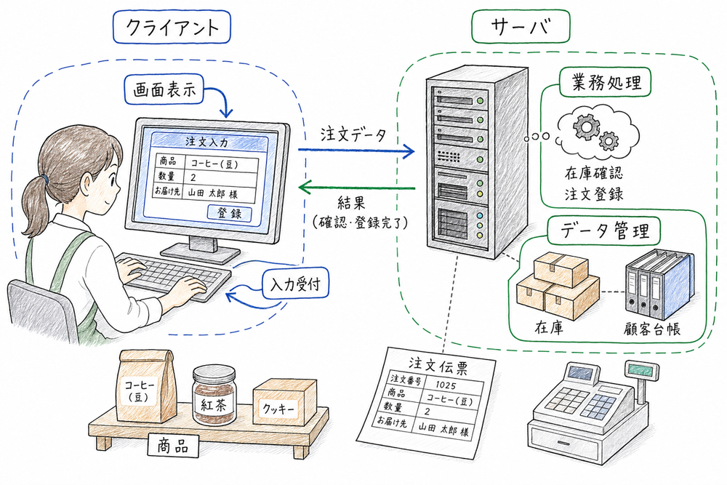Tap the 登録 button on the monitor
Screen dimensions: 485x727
(x=230, y=213)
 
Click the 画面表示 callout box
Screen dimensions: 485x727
(x=164, y=91)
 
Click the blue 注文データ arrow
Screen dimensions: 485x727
(x=356, y=151)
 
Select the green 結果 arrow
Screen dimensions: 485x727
(x=356, y=190)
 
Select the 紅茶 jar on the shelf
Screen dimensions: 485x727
(x=214, y=396)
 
